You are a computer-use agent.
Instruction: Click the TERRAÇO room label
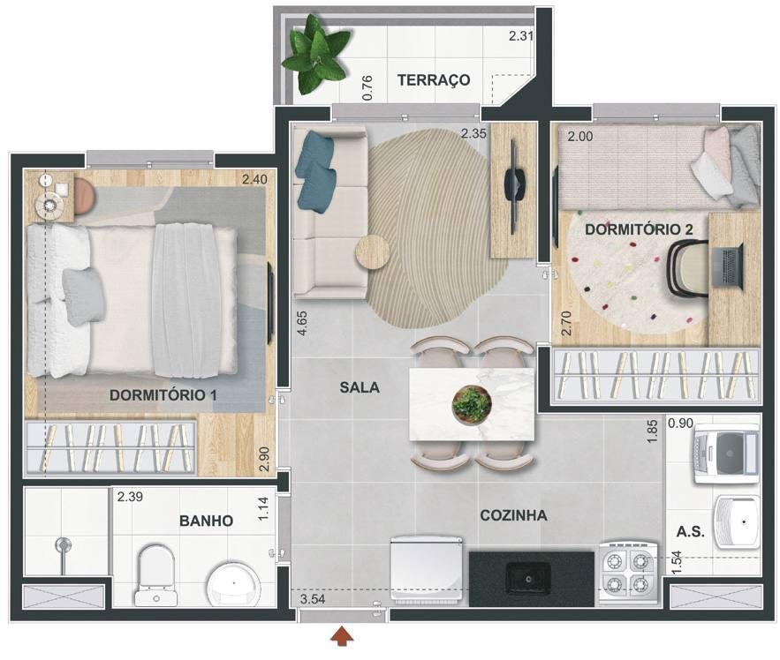434,80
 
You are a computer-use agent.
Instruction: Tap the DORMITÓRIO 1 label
163,395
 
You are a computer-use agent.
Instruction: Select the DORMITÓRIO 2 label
639,229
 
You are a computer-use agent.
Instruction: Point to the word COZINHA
513,516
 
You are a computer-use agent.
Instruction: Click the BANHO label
206,521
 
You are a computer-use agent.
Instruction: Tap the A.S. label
691,532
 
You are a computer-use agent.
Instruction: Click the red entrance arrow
342,637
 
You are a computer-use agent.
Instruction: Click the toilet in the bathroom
156,575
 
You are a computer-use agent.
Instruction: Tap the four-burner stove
629,572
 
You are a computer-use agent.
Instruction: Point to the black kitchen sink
528,579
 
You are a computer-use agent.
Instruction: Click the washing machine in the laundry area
727,454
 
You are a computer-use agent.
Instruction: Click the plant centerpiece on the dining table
472,405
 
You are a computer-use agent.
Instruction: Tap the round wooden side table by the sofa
373,252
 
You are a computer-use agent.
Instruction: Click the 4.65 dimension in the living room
302,323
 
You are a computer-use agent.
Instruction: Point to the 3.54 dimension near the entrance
313,599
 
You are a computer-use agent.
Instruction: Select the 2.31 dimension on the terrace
521,36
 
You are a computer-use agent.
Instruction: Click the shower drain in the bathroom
63,545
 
